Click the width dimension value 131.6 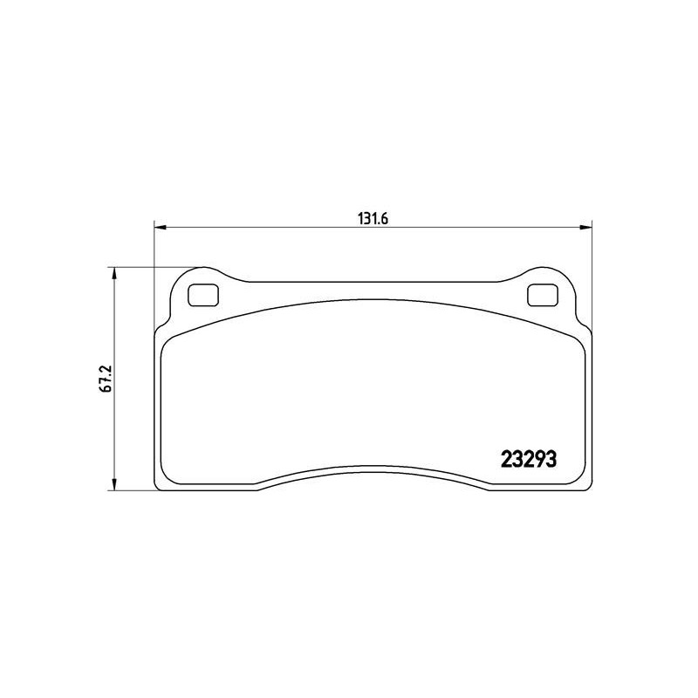pyautogui.click(x=373, y=219)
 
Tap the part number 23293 pyautogui.click(x=529, y=460)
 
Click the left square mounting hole pyautogui.click(x=203, y=295)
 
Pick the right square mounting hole pyautogui.click(x=543, y=295)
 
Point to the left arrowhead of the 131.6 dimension pyautogui.click(x=160, y=228)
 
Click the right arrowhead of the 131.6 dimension pyautogui.click(x=586, y=228)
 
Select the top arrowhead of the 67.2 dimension pyautogui.click(x=115, y=273)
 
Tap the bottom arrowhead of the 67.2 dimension pyautogui.click(x=115, y=485)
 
